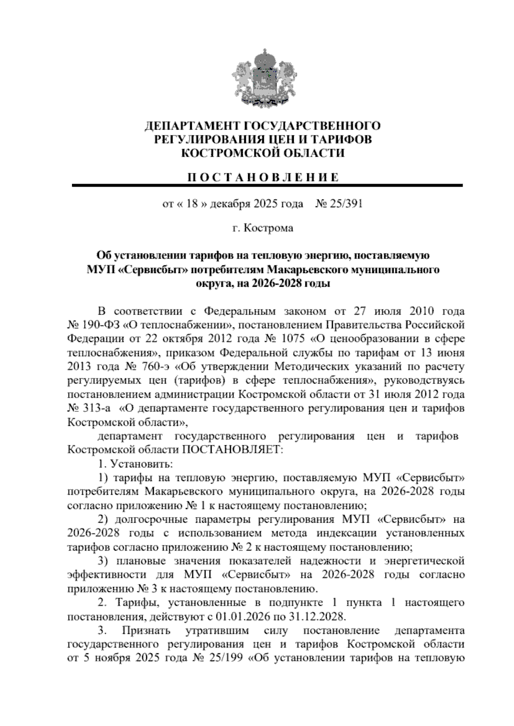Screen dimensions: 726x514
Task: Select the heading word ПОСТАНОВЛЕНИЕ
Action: [264, 177]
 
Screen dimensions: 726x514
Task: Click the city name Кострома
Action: [268, 228]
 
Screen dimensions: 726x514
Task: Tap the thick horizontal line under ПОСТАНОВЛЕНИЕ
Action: [267, 185]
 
